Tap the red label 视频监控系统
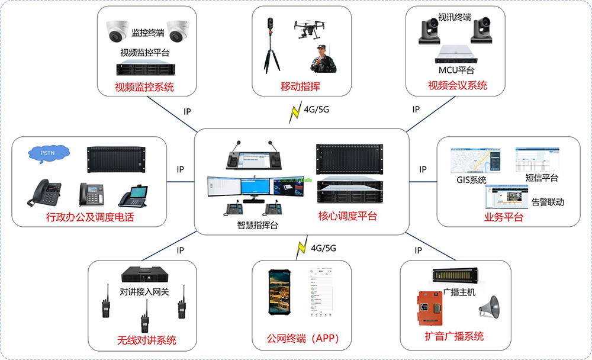click(144, 87)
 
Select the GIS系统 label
click(471, 180)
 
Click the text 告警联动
click(547, 202)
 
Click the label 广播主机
click(459, 292)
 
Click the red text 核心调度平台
click(348, 216)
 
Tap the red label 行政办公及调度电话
click(90, 217)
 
